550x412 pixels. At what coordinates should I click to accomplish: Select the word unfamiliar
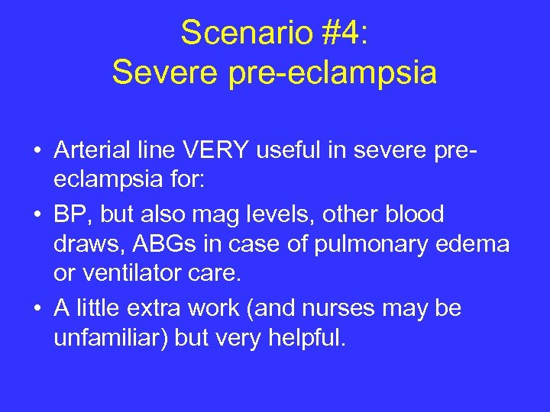click(x=112, y=338)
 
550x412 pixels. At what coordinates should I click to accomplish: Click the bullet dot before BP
click(x=37, y=215)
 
